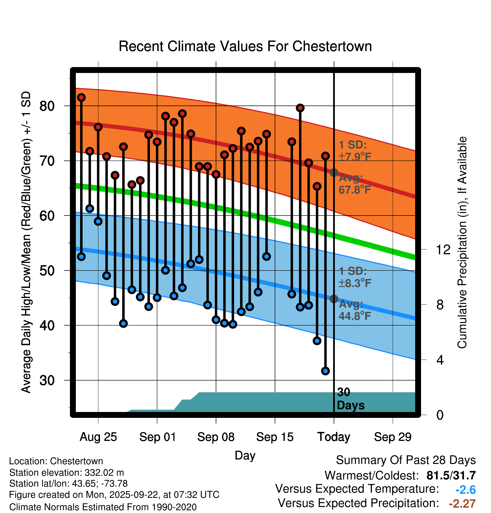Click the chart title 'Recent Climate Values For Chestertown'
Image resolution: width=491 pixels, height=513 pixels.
coord(245,46)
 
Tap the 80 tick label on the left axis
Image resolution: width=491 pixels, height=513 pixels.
coord(47,106)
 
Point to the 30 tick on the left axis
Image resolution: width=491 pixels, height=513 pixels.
coord(47,381)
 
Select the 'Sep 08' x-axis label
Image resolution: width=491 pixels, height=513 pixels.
coord(216,437)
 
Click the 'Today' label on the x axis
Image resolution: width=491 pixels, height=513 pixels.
coord(334,437)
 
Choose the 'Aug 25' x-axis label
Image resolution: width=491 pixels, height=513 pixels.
coord(98,437)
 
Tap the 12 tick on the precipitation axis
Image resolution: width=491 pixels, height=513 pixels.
coord(443,249)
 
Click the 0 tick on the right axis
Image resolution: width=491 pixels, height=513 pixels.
coord(440,415)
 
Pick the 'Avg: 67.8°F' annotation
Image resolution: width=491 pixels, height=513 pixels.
coord(354,184)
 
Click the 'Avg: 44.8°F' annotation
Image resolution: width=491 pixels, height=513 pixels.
coord(354,310)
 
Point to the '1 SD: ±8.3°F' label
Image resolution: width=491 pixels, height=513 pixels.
coord(354,277)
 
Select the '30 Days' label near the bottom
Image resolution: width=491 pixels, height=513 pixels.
coord(350,399)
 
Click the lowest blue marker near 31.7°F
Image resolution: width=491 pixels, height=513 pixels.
coord(325,371)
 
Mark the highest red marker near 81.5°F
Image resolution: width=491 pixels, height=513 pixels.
coord(81,97)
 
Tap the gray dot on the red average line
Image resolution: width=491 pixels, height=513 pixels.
coord(334,172)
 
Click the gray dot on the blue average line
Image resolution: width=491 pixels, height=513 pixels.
coord(334,299)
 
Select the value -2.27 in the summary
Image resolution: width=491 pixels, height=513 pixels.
coord(462,504)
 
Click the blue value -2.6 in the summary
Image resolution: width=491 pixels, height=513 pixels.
coord(465,490)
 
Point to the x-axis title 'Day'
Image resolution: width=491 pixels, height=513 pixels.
coord(245,455)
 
